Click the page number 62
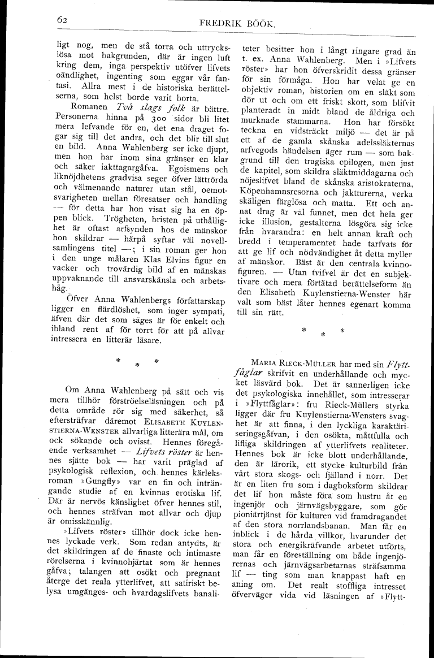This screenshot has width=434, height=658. click(x=63, y=20)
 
